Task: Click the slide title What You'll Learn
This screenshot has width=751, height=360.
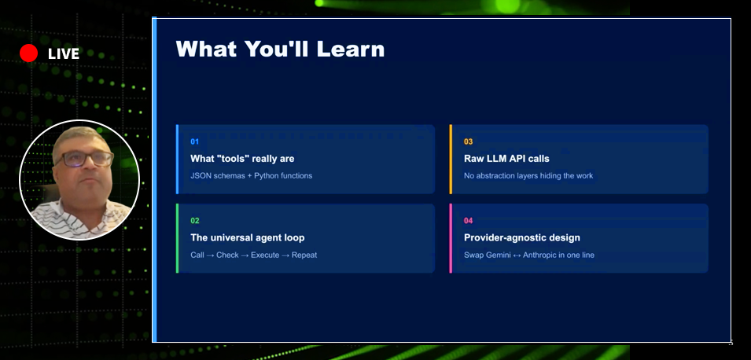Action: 280,50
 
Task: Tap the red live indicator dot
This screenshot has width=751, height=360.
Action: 29,53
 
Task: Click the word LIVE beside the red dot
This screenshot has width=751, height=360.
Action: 64,54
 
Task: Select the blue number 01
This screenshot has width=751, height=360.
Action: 194,141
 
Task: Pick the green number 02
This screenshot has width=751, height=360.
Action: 195,221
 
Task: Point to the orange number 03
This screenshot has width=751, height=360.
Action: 469,141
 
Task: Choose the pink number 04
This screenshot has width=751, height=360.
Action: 469,221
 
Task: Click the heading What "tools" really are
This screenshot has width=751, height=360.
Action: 242,159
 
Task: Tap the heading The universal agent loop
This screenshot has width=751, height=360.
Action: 248,238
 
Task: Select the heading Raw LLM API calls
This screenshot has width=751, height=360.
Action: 506,159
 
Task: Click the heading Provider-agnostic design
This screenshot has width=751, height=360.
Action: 522,238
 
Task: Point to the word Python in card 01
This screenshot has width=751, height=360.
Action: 266,176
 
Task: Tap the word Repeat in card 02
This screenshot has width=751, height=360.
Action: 304,255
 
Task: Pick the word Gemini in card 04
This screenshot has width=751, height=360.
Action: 498,255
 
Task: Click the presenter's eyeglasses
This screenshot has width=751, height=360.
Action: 84,159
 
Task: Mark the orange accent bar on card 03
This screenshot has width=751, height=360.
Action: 451,160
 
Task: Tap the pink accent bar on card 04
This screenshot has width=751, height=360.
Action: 451,238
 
